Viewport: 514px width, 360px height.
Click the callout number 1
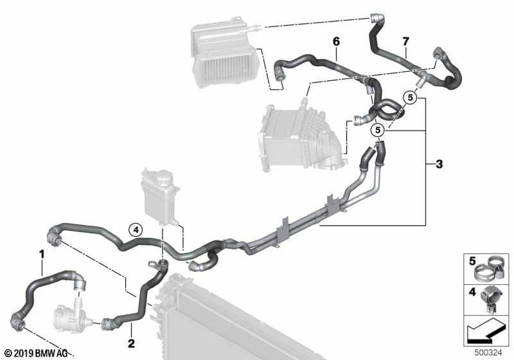tap(42, 254)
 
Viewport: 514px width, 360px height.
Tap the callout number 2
tap(131, 343)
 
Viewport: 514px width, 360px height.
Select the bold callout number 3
tap(439, 163)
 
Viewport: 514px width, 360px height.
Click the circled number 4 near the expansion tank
tap(136, 230)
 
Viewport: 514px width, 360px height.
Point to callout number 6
tap(336, 42)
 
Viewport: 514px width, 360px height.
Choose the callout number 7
tap(406, 42)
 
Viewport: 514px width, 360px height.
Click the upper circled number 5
tap(410, 97)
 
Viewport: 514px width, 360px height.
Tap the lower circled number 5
tap(378, 130)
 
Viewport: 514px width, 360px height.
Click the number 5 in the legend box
tap(472, 261)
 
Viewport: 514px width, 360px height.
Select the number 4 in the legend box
tap(472, 291)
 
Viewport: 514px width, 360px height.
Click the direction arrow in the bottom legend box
tap(486, 330)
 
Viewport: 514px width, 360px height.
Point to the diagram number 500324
tap(488, 352)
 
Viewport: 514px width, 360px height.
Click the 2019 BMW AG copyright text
tap(37, 353)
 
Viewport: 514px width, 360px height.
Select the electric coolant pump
tap(68, 315)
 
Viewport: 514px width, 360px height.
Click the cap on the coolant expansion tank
tap(160, 179)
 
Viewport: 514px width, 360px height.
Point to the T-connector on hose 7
tap(421, 76)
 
